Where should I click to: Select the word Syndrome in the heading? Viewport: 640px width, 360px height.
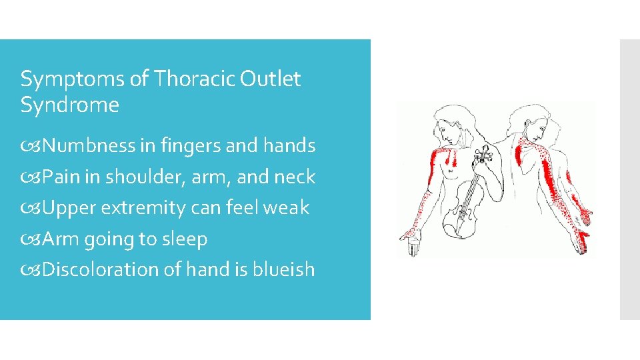70,105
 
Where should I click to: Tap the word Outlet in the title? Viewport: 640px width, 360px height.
271,79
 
